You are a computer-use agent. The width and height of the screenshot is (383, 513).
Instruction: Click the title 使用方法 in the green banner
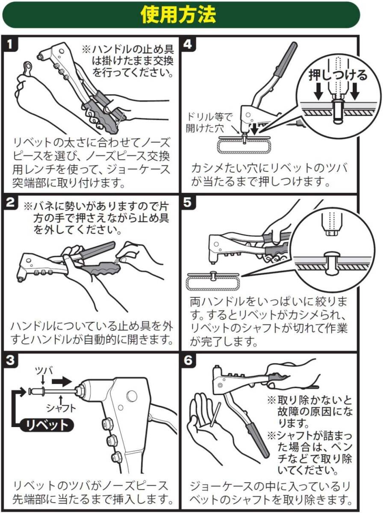click(x=178, y=15)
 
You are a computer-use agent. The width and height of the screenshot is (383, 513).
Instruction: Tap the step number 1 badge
click(x=9, y=44)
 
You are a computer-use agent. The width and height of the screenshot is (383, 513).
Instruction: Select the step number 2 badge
click(x=10, y=202)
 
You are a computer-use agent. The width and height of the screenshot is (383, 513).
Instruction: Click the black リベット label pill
click(x=47, y=425)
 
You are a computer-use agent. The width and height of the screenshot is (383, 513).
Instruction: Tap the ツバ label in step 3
click(x=44, y=371)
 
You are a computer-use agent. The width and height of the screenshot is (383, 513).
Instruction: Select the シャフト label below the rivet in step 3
click(x=61, y=408)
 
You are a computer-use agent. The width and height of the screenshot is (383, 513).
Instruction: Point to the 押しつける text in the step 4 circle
click(x=338, y=75)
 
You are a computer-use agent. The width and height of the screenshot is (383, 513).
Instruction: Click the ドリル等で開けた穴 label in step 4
click(x=209, y=123)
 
